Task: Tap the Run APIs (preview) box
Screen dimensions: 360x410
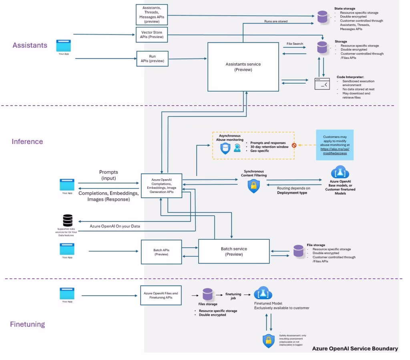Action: pos(152,58)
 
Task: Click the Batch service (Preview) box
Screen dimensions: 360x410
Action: pos(234,251)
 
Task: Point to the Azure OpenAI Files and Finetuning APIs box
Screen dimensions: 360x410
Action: pos(161,295)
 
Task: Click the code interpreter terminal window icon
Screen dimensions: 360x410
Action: pos(322,84)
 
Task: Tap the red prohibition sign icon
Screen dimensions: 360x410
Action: pos(294,146)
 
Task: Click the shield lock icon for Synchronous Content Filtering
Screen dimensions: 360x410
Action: pos(253,186)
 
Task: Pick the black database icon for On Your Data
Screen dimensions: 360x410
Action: pos(68,221)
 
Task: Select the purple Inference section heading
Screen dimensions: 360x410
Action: pos(27,142)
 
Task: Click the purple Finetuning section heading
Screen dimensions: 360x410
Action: pos(27,324)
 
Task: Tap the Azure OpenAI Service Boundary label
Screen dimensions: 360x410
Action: pos(355,348)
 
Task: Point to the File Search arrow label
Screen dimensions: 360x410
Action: pos(295,44)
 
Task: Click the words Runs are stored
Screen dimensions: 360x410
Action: pos(275,21)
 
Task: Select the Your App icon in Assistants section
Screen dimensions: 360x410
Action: pos(64,45)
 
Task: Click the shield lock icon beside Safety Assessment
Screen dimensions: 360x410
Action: pos(268,341)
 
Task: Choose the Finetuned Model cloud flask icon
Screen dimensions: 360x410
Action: pos(263,294)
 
